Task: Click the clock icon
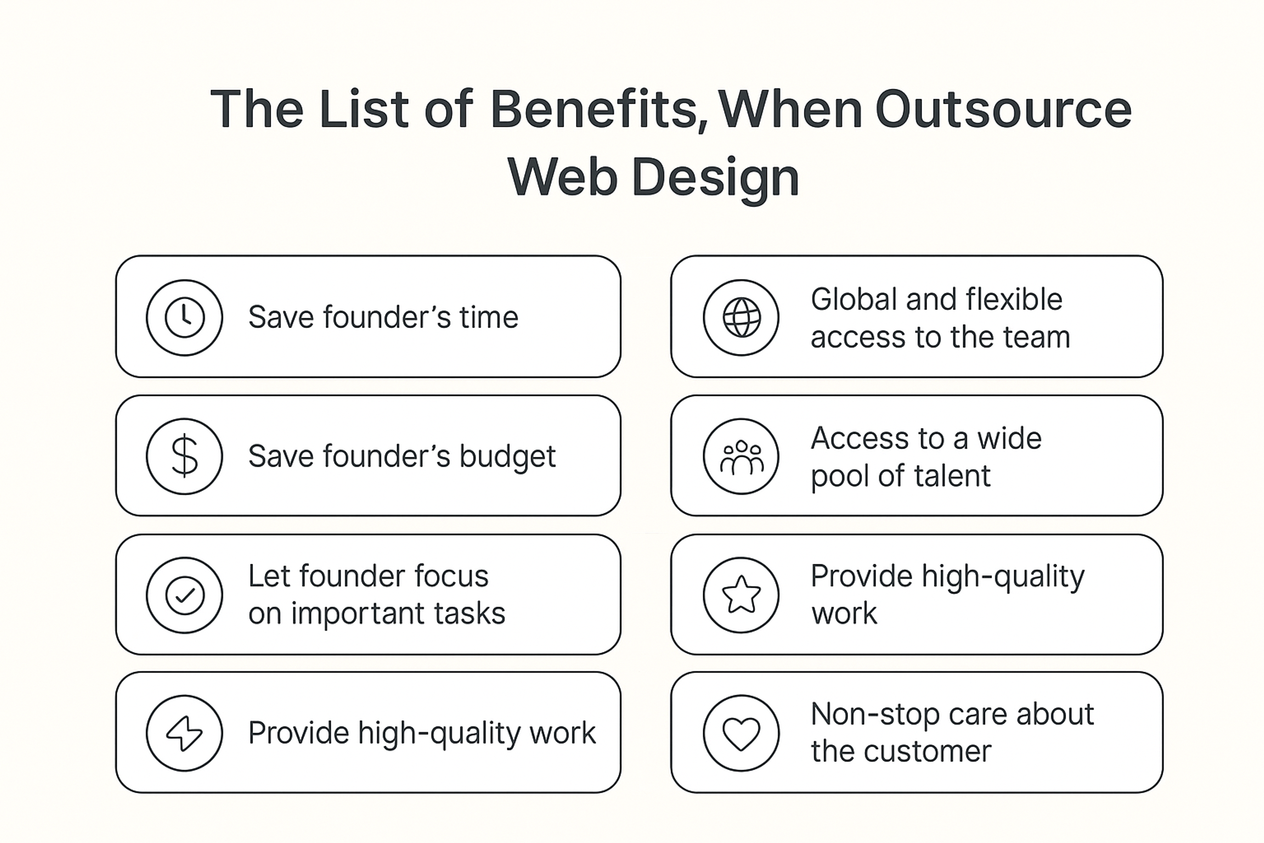coord(184,317)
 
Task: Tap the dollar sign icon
coord(184,456)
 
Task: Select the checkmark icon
coord(184,595)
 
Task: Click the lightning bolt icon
coord(184,733)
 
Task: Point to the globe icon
coord(741,317)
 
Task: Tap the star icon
coord(741,595)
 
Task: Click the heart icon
coord(741,733)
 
